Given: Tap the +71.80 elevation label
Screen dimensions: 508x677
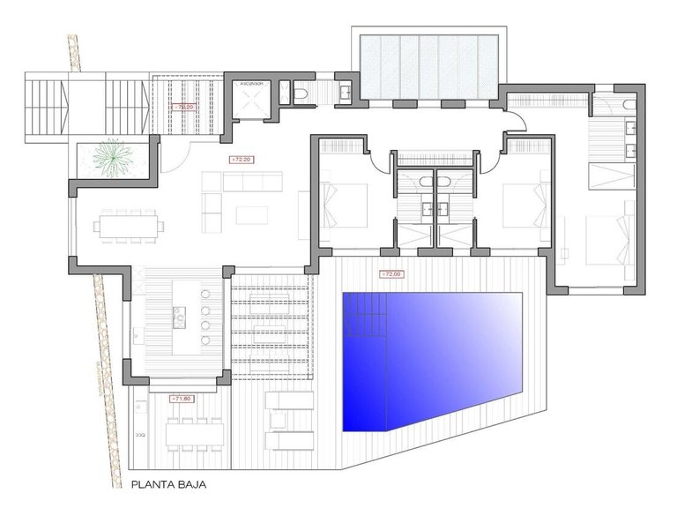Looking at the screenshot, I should pos(182,399).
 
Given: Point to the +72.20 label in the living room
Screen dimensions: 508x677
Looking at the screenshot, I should pos(240,160).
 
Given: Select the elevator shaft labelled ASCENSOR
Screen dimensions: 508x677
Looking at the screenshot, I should pos(252,98).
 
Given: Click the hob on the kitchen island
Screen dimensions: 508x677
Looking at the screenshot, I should pos(180,313).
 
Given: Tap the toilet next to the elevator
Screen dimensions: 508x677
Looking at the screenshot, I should pos(301,93).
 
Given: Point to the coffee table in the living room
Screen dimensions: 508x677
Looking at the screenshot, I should pos(252,214).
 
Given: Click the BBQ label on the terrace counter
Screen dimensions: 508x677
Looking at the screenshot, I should pos(140,435).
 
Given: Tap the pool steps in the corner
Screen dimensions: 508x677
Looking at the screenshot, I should pos(363,315).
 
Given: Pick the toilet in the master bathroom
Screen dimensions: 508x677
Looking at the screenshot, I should pos(626,105).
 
